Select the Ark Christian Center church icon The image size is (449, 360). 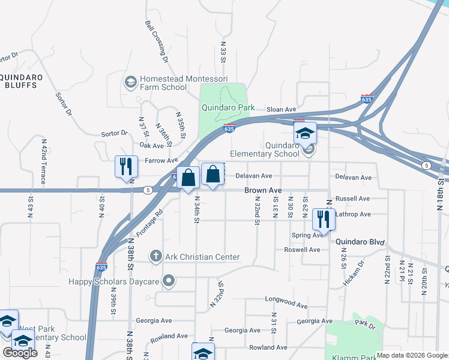click(156, 257)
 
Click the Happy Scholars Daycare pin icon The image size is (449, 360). click(169, 280)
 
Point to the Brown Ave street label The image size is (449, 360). click(263, 190)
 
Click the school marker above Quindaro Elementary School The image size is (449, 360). click(304, 133)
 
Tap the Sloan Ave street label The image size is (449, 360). click(282, 110)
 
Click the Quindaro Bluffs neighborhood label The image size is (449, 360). click(18, 81)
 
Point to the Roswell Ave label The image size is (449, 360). click(302, 250)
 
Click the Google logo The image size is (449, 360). click(20, 353)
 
